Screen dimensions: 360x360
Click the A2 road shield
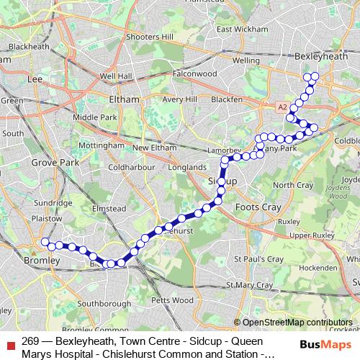pyautogui.click(x=282, y=107)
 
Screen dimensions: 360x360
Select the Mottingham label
pyautogui.click(x=101, y=145)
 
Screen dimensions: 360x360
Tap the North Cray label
pyautogui.click(x=292, y=185)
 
